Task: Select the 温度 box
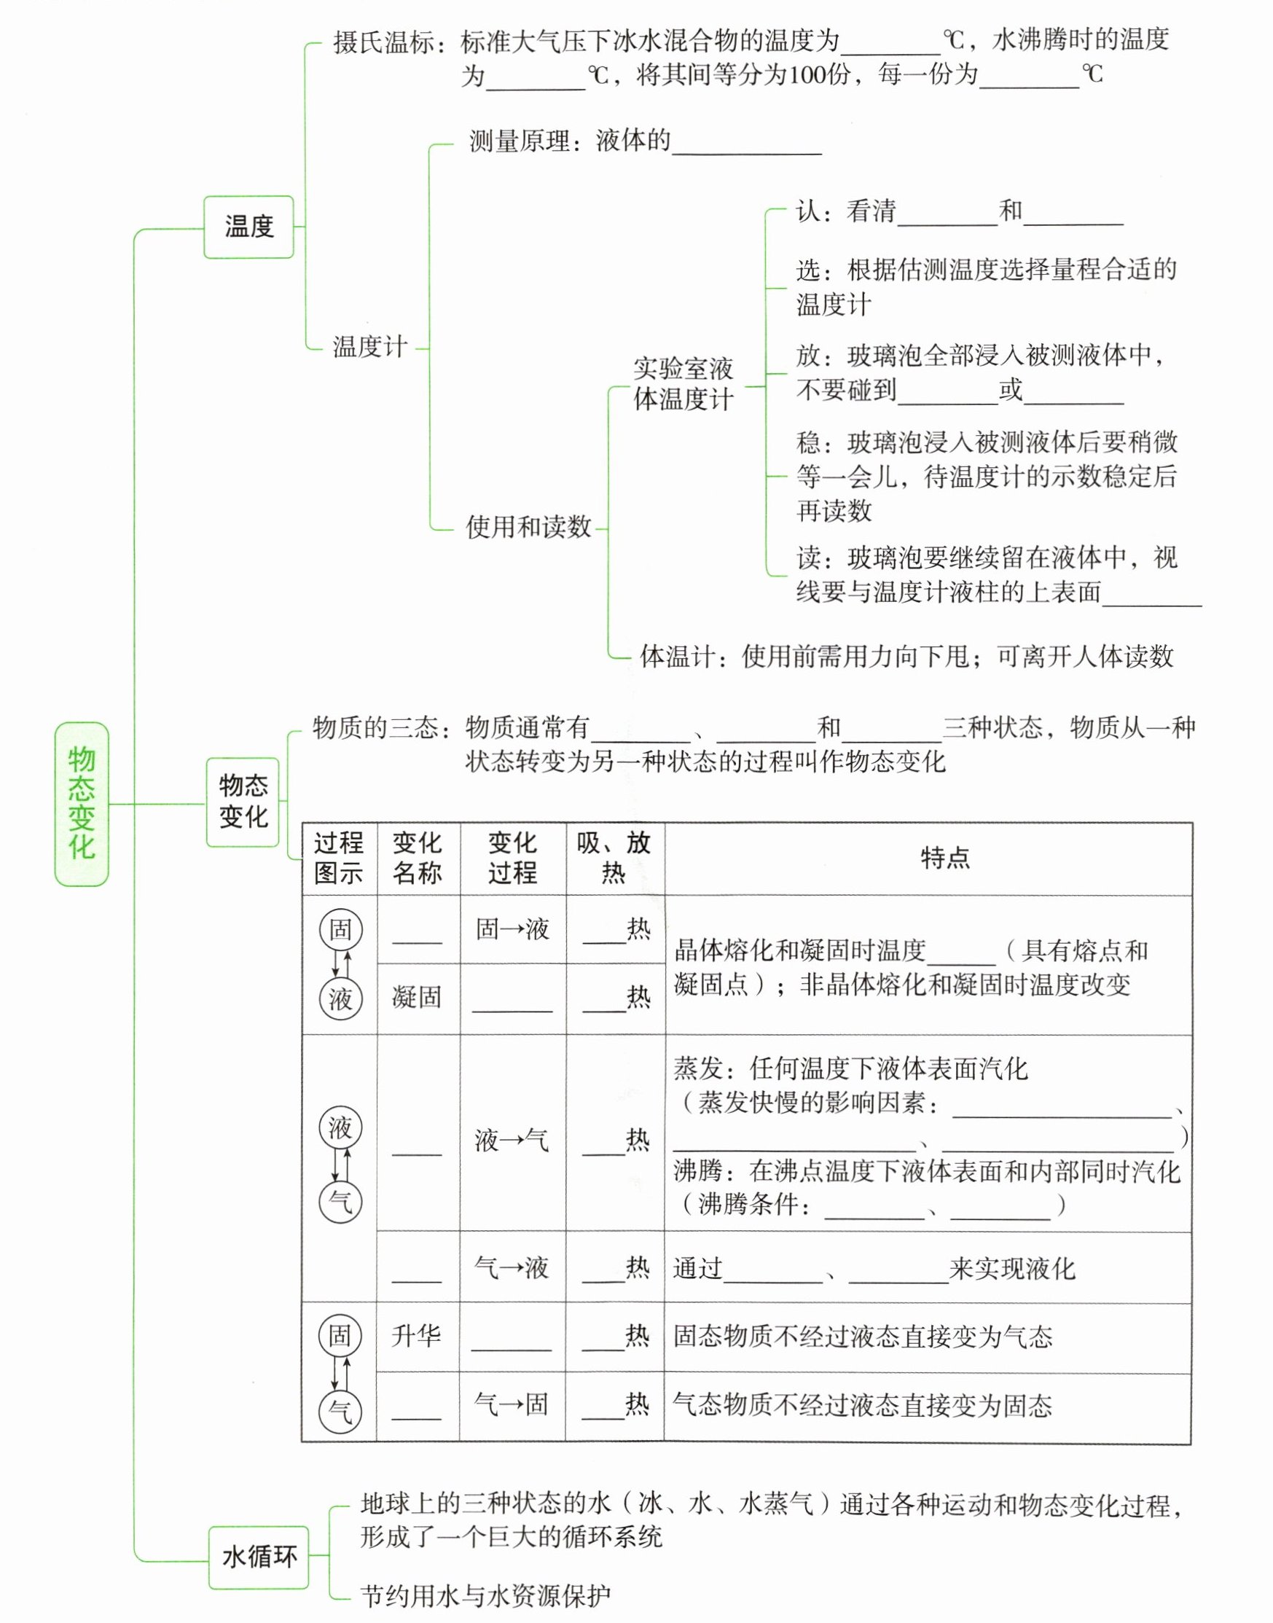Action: [249, 227]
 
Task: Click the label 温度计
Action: [369, 347]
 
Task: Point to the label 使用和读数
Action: [528, 527]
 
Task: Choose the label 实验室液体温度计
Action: [683, 384]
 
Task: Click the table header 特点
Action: [944, 858]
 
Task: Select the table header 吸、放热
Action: [614, 858]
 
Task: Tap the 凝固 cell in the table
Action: [418, 997]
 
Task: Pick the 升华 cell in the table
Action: [416, 1335]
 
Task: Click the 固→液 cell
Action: [512, 929]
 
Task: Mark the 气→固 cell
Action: [511, 1404]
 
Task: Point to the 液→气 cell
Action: [512, 1140]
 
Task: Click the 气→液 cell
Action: [512, 1267]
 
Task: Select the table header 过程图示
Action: [339, 858]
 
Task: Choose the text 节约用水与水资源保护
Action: [485, 1596]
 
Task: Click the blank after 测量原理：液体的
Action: [746, 143]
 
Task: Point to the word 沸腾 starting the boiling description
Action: [698, 1171]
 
